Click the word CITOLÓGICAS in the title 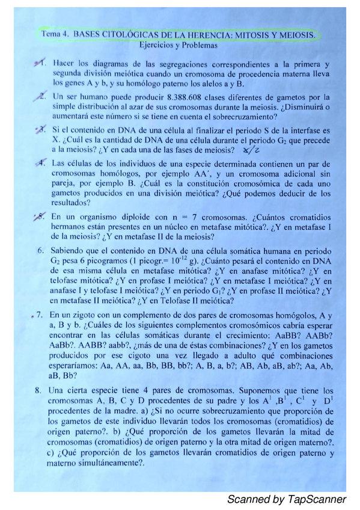click(x=124, y=35)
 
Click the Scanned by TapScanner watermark click(x=286, y=499)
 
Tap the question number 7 click(x=39, y=314)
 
